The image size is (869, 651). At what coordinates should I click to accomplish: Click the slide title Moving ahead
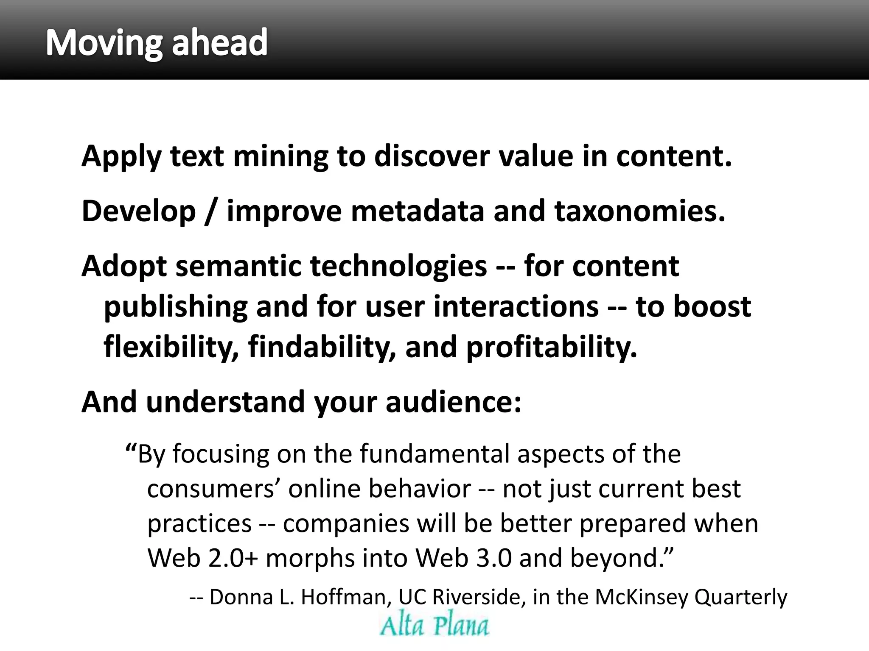(x=157, y=42)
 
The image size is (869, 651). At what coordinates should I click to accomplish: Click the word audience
(x=453, y=402)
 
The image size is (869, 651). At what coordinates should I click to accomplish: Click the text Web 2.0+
(x=202, y=558)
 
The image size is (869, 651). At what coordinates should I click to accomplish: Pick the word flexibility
(x=170, y=347)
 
